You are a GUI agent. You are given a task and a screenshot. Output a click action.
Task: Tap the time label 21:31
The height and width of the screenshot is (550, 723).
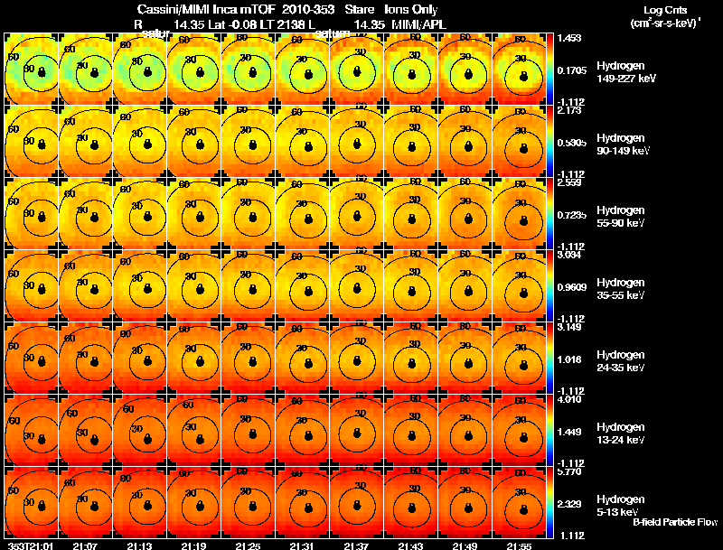(x=301, y=545)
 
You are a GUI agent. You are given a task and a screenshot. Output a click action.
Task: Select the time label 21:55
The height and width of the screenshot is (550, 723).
(x=519, y=545)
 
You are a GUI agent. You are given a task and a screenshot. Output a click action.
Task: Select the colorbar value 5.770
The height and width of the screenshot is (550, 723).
(x=571, y=472)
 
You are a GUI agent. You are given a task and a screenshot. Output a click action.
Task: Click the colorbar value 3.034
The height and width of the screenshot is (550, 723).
(x=571, y=256)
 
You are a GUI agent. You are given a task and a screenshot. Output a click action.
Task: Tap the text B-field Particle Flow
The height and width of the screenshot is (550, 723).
(x=674, y=522)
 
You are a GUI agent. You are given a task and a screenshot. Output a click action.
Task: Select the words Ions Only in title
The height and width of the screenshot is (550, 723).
(x=415, y=9)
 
